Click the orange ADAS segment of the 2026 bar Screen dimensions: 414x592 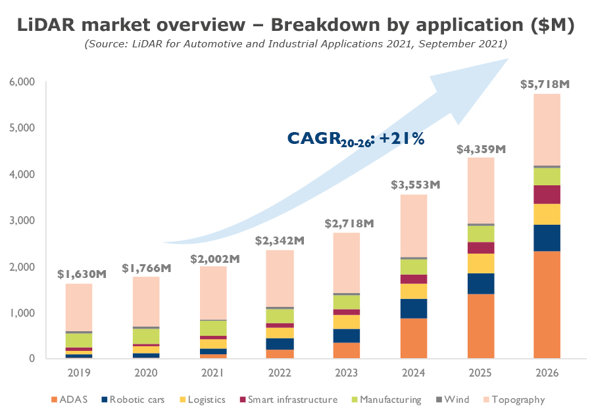click(x=547, y=305)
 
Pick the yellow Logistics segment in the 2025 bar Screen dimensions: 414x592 click(x=480, y=264)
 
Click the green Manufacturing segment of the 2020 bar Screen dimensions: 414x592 click(x=146, y=336)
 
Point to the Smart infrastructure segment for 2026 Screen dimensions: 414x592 click(x=547, y=195)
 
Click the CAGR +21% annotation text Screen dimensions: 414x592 click(x=355, y=139)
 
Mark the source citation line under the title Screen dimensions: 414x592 click(x=296, y=44)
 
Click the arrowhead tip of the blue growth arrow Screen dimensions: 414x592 click(x=508, y=59)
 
